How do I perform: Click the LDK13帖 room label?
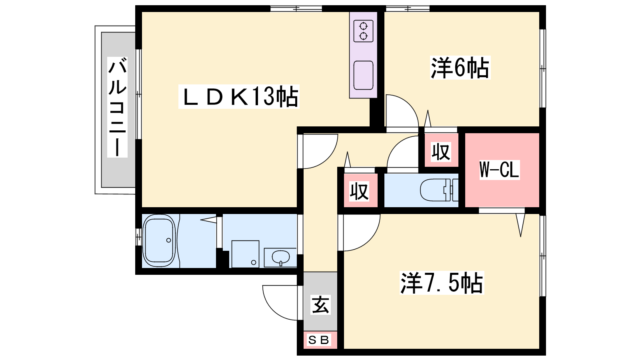coord(239,97)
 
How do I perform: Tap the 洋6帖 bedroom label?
coord(460,68)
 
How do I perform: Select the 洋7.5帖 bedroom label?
coord(442,283)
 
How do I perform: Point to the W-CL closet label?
coord(499,170)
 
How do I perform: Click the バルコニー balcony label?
coord(118,107)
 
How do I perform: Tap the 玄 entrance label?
coord(320,305)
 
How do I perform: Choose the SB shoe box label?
coord(319,340)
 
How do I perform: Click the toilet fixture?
coord(438,190)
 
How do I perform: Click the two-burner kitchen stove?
coord(363,31)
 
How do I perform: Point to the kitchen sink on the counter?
coord(363,75)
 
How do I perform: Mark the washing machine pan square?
coord(245,254)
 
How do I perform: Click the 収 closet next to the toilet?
coord(360,191)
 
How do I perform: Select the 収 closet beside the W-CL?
coord(441,151)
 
